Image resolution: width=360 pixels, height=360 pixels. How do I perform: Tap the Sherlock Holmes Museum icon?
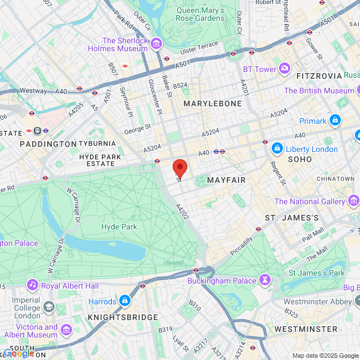[x=156, y=44]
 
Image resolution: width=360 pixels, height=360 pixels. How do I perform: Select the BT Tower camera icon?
[x=285, y=69]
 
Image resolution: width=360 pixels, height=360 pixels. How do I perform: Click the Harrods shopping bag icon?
[x=125, y=301]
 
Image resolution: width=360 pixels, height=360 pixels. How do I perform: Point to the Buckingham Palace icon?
[x=264, y=280]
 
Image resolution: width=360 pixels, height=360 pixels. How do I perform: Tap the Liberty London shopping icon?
[x=277, y=148]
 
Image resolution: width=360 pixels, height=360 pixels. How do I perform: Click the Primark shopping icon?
[x=335, y=120]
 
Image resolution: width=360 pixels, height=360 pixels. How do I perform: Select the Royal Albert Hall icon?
[x=32, y=285]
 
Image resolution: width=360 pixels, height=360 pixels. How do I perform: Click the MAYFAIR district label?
[x=226, y=180]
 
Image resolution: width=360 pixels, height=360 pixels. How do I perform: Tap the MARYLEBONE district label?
[x=213, y=103]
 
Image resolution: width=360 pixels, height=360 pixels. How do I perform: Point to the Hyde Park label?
[x=119, y=227]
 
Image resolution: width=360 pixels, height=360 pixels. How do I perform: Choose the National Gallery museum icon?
[x=354, y=201]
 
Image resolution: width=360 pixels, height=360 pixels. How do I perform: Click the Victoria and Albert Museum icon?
[x=66, y=329]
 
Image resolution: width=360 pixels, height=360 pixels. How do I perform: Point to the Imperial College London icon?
[x=49, y=307]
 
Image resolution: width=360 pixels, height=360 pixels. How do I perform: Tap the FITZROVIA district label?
[x=319, y=75]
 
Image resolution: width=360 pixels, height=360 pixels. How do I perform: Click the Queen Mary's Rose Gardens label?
[x=200, y=14]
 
